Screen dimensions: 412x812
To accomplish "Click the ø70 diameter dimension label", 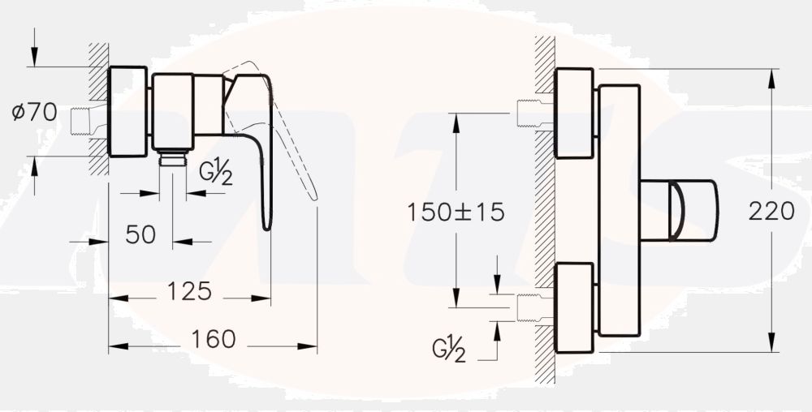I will tap(34, 113).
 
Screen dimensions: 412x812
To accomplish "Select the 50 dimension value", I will tap(140, 234).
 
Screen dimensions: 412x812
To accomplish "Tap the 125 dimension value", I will tap(191, 290).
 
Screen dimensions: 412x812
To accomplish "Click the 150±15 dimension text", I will tap(455, 212).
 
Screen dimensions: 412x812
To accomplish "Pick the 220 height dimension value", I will tap(771, 212).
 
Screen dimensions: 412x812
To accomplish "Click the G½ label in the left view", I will tap(217, 174).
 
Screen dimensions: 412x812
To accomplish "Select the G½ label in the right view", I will tap(448, 351).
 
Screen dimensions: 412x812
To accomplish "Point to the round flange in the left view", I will tap(127, 111).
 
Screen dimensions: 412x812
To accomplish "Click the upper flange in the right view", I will tap(574, 114).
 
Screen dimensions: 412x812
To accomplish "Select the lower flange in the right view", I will tap(574, 307).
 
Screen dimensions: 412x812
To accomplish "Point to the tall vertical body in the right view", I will tap(619, 210).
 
